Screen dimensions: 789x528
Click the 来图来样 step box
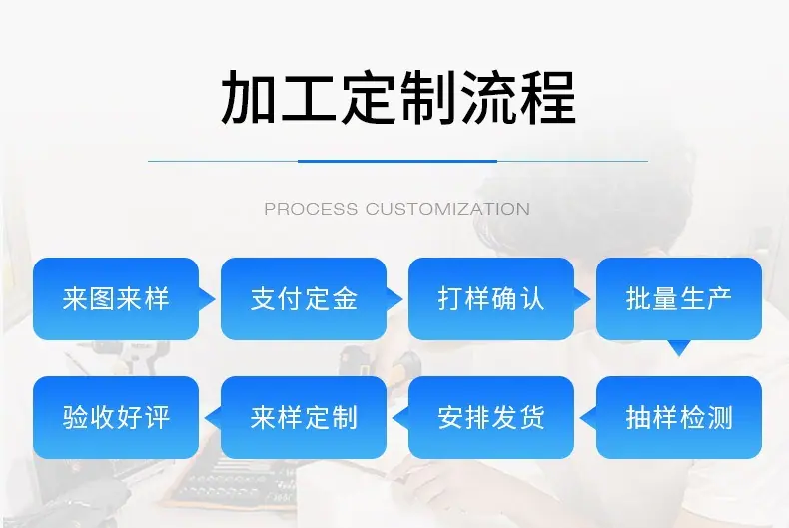116,298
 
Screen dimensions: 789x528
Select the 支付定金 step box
304,298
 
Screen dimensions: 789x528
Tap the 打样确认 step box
491,298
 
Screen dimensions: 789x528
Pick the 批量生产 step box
679,298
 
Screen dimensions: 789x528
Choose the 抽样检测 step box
679,417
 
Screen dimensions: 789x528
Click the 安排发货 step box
491,417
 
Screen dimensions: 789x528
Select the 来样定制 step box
304,417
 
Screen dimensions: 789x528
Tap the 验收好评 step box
116,417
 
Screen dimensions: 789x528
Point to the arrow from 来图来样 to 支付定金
207,299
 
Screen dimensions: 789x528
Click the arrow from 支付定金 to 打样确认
394,299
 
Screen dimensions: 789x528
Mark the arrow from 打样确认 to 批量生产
581,299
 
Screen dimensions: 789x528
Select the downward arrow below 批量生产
679,348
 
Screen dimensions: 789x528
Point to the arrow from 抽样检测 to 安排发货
588,418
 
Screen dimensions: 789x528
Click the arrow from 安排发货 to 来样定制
400,418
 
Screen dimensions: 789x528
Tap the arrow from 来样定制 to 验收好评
213,418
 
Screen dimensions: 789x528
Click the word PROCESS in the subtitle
311,209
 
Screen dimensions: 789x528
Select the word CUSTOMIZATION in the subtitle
447,209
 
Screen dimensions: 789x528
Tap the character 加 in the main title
249,98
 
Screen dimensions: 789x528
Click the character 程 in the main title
548,98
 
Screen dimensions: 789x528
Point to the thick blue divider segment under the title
397,161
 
